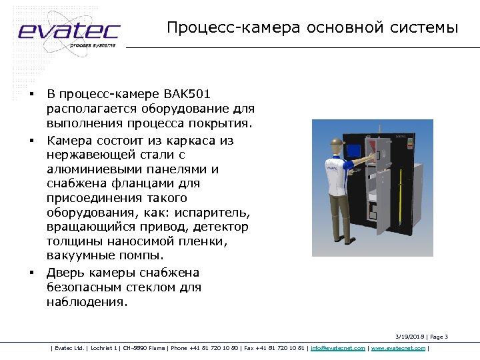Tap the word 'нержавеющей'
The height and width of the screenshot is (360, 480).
(91, 155)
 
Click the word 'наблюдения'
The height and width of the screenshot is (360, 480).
(87, 302)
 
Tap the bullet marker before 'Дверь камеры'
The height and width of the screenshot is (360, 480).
(31, 273)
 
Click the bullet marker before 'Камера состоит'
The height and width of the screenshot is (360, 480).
(31, 141)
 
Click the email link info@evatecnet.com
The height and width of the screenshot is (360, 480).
(337, 348)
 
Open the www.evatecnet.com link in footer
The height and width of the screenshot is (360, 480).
(398, 348)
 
